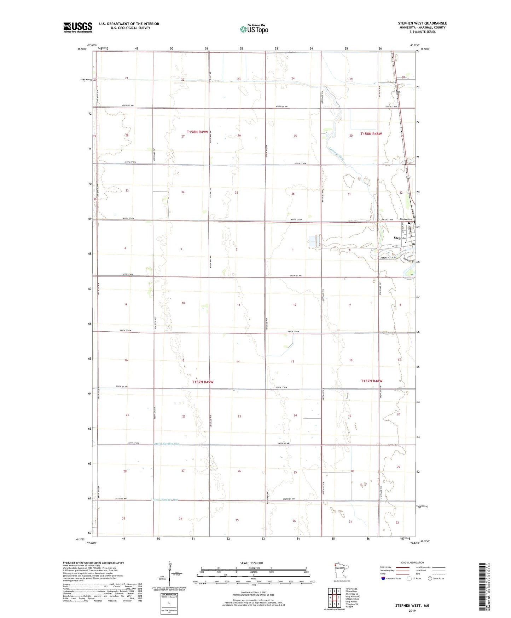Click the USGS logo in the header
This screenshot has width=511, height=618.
77,27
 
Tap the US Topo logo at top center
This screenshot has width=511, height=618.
254,29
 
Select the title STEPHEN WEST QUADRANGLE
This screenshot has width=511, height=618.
422,23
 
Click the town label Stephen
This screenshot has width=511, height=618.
400,238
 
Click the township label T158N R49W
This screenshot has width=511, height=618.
197,132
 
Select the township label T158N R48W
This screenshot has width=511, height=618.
371,134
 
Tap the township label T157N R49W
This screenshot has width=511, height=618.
203,382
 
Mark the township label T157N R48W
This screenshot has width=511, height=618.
371,381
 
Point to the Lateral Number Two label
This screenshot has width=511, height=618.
164,500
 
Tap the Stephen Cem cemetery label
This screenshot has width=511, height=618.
406,219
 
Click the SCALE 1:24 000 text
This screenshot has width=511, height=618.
251,563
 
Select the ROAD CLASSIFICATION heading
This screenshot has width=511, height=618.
412,562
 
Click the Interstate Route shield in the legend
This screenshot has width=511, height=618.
383,578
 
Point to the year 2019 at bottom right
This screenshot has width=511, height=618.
412,611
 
